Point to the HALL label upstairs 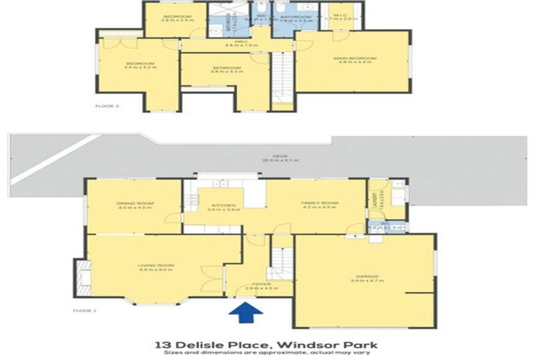pos(238,41)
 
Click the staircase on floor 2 pos(281,77)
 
